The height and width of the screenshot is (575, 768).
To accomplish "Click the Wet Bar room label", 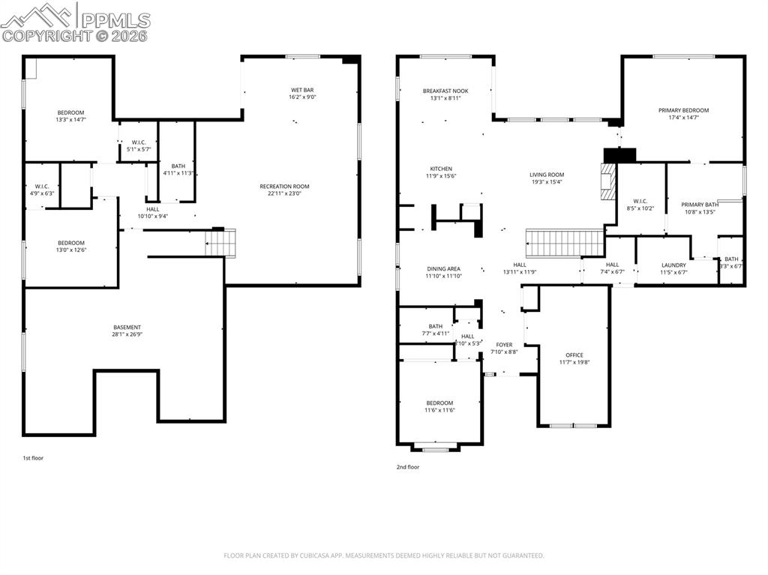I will click(x=302, y=94).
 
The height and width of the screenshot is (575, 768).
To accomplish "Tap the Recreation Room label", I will click(x=284, y=190).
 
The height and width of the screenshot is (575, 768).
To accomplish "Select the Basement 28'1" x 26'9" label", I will click(x=127, y=331).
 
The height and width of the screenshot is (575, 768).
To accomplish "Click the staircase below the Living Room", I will click(x=565, y=243).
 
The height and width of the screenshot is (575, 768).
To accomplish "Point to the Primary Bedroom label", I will click(x=683, y=114).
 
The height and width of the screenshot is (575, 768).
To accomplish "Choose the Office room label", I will click(x=574, y=359).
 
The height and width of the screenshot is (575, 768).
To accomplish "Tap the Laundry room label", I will click(x=673, y=268).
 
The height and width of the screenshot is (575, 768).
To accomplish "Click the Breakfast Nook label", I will click(x=445, y=94).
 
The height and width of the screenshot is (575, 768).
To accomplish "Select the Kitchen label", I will click(x=441, y=172).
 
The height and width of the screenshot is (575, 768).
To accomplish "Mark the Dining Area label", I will click(x=443, y=272).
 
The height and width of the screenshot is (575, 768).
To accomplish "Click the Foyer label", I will click(x=504, y=348).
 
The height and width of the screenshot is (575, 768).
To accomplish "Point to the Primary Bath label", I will click(x=699, y=208).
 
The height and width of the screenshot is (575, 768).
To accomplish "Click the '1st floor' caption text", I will click(x=33, y=457).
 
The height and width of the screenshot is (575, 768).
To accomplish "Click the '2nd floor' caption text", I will click(x=408, y=467).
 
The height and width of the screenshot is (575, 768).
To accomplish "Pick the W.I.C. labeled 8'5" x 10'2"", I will click(x=640, y=205).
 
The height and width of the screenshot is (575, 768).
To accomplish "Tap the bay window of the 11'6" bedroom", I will click(x=436, y=448).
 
